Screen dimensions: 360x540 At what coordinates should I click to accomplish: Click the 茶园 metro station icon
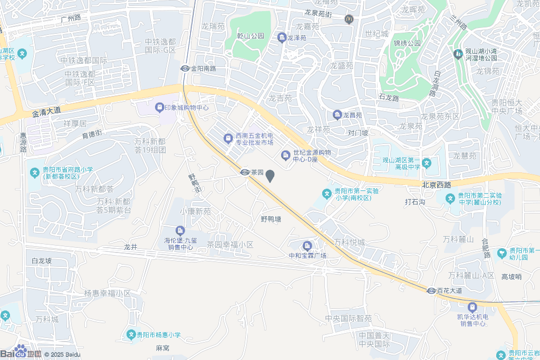coord(245,172)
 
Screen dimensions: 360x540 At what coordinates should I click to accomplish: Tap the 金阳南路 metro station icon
coord(185,68)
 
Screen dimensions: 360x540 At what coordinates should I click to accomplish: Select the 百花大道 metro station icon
coord(431,290)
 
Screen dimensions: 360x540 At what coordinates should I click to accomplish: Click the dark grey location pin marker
coord(270,176)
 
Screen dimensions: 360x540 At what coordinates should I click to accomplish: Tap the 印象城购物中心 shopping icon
coord(159,108)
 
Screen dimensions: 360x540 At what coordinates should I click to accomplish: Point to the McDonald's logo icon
coord(348,20)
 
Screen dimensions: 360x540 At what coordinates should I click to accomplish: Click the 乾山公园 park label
coord(250,36)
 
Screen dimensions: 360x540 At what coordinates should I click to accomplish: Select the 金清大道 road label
coord(46,112)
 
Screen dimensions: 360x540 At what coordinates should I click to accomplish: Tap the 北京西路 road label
coord(437,185)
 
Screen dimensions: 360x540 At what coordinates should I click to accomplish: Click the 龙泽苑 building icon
coord(282,37)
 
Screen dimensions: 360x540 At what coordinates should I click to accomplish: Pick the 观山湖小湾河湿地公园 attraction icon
coord(457,54)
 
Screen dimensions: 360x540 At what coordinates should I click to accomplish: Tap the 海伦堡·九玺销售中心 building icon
coord(180,230)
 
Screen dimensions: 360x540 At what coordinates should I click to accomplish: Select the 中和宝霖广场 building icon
coord(307,246)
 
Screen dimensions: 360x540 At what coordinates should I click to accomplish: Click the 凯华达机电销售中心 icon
coord(472,307)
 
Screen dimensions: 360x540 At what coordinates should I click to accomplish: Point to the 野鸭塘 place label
coord(271,219)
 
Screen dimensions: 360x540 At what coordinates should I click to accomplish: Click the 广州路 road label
coord(71,18)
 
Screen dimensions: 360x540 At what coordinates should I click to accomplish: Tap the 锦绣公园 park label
coord(407,43)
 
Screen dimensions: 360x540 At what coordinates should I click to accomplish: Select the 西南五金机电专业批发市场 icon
coord(228,139)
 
